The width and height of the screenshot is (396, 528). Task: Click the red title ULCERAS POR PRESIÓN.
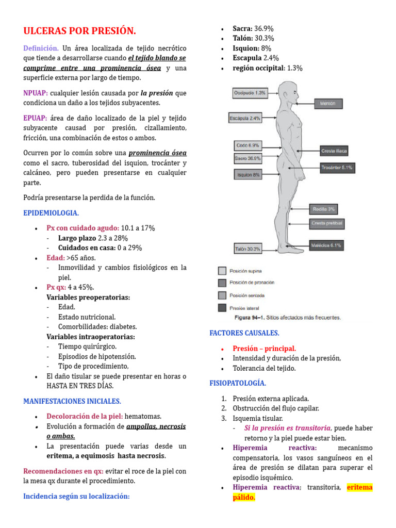point(80,31)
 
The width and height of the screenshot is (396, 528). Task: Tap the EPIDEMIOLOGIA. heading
point(51,212)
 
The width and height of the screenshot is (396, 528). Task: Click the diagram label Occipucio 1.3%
point(250,93)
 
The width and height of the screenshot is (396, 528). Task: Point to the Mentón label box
point(331,103)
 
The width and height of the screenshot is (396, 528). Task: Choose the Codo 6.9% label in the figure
point(247,145)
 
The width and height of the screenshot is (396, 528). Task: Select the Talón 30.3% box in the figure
point(248,249)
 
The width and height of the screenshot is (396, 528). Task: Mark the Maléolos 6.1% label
point(326,245)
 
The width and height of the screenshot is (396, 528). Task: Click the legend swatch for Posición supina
point(222,271)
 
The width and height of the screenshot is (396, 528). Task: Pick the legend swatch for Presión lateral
point(222,308)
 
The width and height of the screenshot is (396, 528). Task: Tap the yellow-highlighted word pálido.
point(244,498)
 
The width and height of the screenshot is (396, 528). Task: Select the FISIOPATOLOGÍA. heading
point(238,383)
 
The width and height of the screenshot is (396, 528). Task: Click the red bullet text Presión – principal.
point(264,349)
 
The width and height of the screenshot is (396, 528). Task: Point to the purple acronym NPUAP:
point(36,93)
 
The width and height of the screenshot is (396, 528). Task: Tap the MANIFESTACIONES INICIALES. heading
point(72,401)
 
